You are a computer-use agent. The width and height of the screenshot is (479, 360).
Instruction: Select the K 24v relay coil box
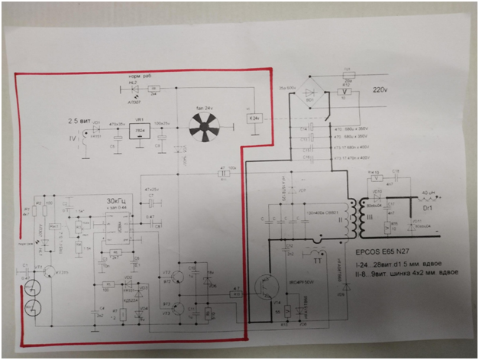[257, 118]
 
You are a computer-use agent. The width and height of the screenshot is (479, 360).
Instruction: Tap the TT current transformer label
[320, 258]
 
